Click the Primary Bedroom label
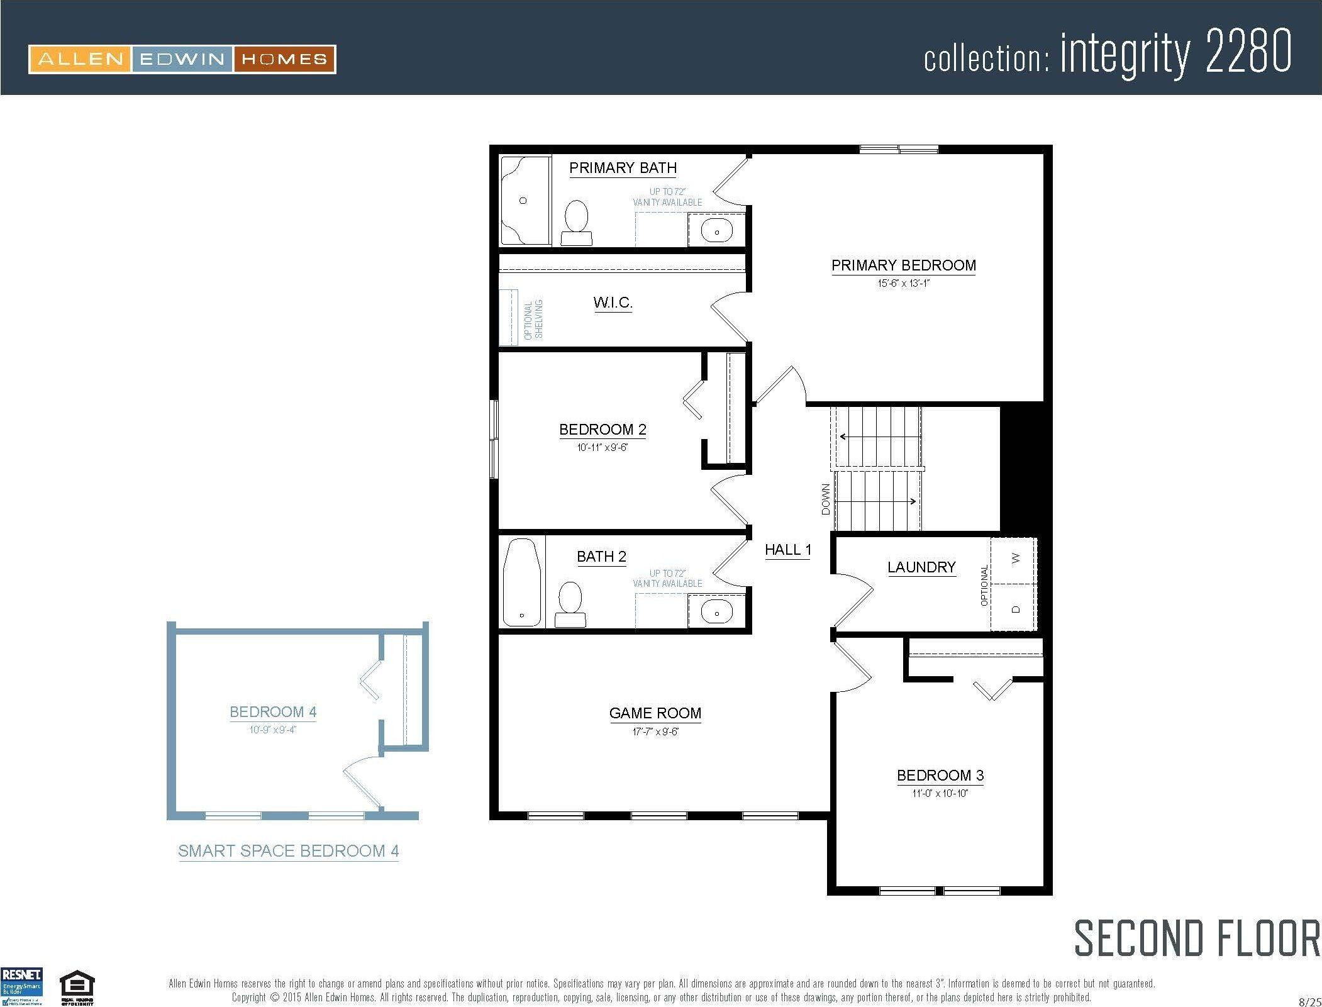point(903,265)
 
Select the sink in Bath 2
point(716,611)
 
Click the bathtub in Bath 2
point(522,582)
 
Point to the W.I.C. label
point(613,303)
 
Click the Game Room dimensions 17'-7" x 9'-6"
point(655,732)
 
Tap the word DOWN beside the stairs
point(826,499)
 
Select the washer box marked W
point(1014,559)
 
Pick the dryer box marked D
point(1014,608)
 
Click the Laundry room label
point(921,567)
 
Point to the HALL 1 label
point(787,550)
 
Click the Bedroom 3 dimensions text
point(940,793)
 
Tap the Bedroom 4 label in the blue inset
point(273,712)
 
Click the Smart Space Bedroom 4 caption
point(288,851)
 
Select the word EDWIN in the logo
point(182,60)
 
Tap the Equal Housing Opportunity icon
point(77,988)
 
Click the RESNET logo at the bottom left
point(22,986)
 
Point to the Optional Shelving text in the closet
point(533,320)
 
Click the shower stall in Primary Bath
point(525,201)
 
